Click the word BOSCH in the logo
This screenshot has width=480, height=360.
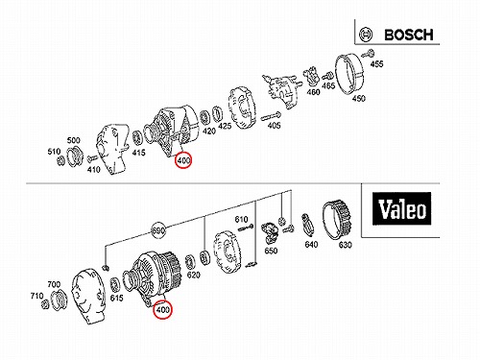tap(409, 35)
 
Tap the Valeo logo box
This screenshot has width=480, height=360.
tap(401, 208)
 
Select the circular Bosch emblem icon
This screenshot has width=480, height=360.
tap(366, 35)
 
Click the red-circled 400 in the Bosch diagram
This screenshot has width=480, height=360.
tap(183, 160)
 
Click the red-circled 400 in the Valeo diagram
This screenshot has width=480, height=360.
tap(162, 310)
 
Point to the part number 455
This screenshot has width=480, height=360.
tap(376, 64)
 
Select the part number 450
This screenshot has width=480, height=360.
tap(358, 98)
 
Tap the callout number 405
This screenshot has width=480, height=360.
tap(274, 125)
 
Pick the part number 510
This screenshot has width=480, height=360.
tap(54, 152)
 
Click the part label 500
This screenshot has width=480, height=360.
tap(73, 140)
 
